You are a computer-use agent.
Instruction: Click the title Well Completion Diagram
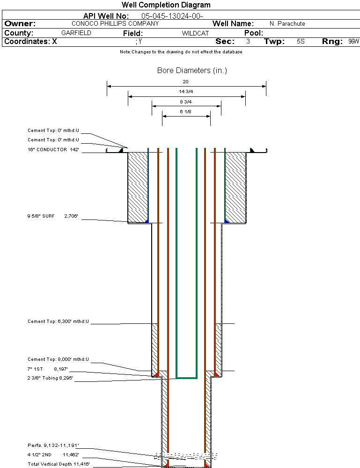tap(166, 5)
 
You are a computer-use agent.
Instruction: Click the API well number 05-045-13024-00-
tap(172, 16)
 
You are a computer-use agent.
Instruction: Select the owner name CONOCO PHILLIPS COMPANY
tap(115, 23)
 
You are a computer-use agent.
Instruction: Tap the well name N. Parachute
tap(287, 24)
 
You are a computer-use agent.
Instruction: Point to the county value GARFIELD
tap(76, 33)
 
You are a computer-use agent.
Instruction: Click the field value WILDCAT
tap(195, 33)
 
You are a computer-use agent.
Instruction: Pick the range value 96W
tap(353, 42)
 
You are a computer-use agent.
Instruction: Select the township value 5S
tap(301, 42)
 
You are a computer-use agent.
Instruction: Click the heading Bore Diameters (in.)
tap(192, 71)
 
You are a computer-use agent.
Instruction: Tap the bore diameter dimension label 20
tap(186, 81)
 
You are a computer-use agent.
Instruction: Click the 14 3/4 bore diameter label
tap(186, 92)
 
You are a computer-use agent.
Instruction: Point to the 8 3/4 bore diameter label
tap(186, 102)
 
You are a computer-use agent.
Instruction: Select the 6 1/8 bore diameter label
tap(186, 111)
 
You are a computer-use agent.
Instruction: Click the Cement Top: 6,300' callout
tap(58, 322)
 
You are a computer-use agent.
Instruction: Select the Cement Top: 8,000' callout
tap(58, 359)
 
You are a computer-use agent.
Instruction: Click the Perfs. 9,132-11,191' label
tap(53, 445)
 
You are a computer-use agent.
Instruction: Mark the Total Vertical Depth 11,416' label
tap(58, 464)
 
